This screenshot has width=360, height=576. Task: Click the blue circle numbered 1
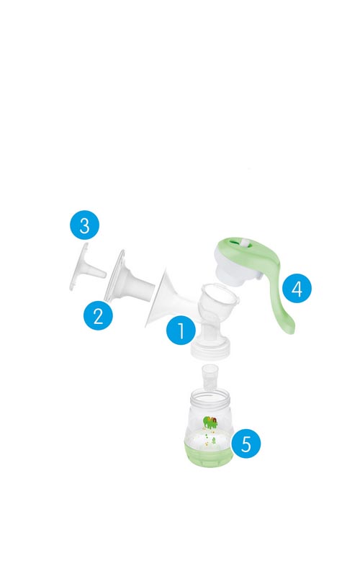point(181,330)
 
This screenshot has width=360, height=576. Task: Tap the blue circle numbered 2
point(98,315)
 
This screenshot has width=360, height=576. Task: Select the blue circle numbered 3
point(85,225)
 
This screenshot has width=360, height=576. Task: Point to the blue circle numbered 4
point(297,289)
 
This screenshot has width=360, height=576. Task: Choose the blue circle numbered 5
point(246,444)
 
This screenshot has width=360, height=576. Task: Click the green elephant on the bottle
point(210,423)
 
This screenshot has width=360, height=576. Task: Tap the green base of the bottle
point(208,453)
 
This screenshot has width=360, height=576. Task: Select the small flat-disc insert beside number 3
point(86,267)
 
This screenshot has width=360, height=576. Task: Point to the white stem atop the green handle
point(243,244)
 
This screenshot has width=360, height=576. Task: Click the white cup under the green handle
point(236,271)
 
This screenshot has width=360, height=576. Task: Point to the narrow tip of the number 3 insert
point(103,274)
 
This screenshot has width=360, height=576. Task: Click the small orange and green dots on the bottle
point(208,440)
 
